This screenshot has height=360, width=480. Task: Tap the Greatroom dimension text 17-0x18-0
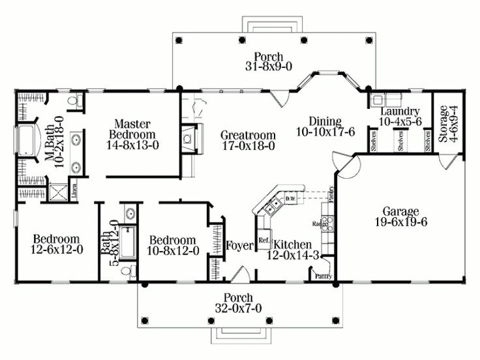pyautogui.click(x=247, y=146)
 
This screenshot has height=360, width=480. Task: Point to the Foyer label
pyautogui.click(x=239, y=246)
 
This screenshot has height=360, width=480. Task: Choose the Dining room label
pyautogui.click(x=325, y=121)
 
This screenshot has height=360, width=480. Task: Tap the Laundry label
pyautogui.click(x=399, y=111)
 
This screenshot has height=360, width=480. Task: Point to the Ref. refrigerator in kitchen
pyautogui.click(x=264, y=239)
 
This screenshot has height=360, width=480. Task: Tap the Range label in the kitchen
pyautogui.click(x=320, y=224)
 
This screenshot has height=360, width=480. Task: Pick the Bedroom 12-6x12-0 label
pyautogui.click(x=57, y=244)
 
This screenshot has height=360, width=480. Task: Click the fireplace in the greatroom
pyautogui.click(x=187, y=137)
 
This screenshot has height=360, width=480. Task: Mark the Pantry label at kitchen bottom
pyautogui.click(x=323, y=277)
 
